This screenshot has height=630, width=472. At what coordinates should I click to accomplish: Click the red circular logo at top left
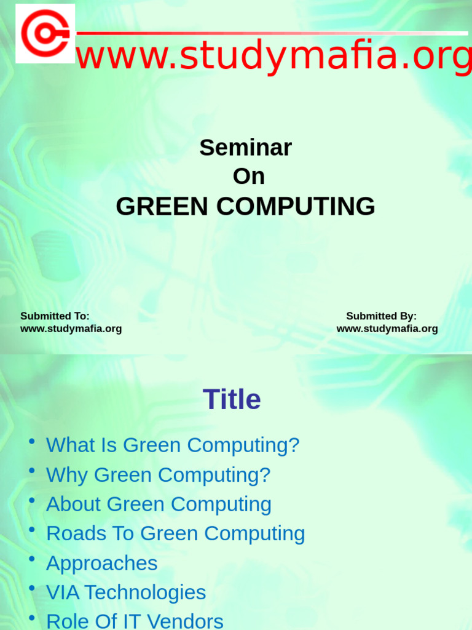[x=45, y=33]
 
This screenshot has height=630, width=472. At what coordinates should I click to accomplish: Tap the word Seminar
[x=245, y=148]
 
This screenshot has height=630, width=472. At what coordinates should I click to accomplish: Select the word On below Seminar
[x=248, y=177]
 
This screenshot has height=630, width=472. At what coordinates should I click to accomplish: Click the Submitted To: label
[x=55, y=316]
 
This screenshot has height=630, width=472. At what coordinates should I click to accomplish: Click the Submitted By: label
[x=381, y=316]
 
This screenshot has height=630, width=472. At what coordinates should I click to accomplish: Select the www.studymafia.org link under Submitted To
[x=71, y=329]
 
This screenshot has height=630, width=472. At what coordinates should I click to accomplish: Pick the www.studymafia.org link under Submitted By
[x=387, y=329]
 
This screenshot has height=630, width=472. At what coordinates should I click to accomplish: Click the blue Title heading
[x=232, y=400]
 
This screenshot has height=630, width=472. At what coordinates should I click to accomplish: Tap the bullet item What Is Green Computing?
[x=173, y=445]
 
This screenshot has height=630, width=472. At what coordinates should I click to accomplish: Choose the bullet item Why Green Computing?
[x=158, y=474]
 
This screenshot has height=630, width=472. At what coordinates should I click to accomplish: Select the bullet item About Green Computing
[x=159, y=504]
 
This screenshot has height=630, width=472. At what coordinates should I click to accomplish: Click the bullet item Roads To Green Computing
[x=175, y=533]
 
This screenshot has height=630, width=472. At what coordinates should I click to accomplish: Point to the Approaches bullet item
[x=101, y=563]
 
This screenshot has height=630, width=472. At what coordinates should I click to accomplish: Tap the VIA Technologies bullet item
[x=126, y=592]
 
